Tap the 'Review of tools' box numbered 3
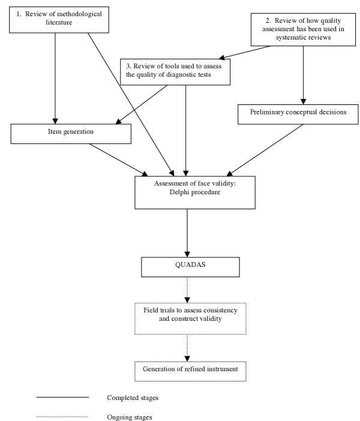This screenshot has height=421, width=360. (x=174, y=71)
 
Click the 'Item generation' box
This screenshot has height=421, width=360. (x=71, y=133)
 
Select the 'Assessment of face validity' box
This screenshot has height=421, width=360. (x=187, y=189)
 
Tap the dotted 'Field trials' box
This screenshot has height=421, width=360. (x=190, y=318)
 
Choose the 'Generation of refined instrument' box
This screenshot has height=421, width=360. (x=190, y=370)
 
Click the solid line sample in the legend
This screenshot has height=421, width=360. (x=62, y=398)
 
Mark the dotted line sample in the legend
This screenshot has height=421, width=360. (x=62, y=417)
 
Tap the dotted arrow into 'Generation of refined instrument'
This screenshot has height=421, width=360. (x=188, y=348)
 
